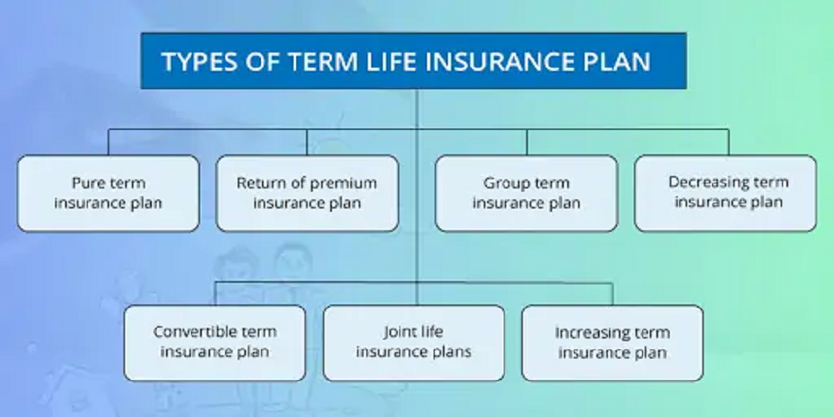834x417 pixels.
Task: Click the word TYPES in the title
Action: coord(193,62)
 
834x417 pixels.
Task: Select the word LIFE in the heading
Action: coord(391,62)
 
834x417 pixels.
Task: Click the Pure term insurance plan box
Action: coord(108,193)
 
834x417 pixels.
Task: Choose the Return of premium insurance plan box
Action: coord(308,193)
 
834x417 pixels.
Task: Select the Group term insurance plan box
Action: coord(526,193)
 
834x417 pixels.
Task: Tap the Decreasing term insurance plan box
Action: coord(726,193)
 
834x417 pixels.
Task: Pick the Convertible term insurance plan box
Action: coord(215,343)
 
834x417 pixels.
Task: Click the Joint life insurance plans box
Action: coord(414,343)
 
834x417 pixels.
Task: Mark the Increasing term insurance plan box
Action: coord(613,343)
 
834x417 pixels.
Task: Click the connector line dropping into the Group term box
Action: coord(526,142)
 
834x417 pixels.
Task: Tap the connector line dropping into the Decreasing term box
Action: coord(728,142)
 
